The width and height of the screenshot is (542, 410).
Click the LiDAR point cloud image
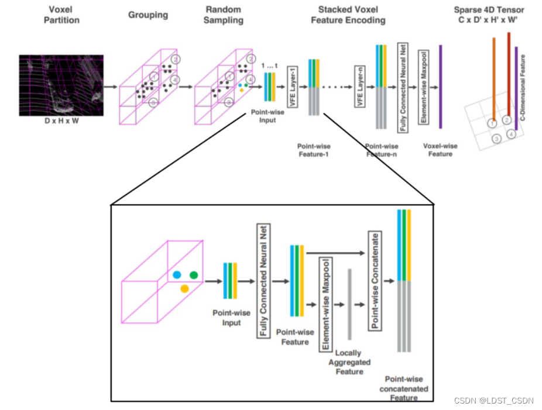(61, 85)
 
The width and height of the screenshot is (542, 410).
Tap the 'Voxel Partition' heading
(61, 15)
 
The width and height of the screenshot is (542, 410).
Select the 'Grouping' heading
(148, 15)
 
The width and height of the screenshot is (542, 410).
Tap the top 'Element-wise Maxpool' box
(423, 88)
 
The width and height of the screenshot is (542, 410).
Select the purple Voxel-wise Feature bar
(440, 86)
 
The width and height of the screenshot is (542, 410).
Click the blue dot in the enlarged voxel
(177, 274)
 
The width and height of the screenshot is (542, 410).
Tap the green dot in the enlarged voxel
(194, 274)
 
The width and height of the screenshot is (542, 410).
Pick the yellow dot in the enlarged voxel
(184, 288)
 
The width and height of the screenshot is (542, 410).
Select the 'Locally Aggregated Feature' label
(348, 362)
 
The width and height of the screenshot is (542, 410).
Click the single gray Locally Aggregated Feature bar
(349, 304)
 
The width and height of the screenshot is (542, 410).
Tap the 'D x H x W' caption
(61, 120)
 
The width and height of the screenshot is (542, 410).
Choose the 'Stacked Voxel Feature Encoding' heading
(352, 15)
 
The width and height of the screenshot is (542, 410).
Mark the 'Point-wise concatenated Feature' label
(404, 388)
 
